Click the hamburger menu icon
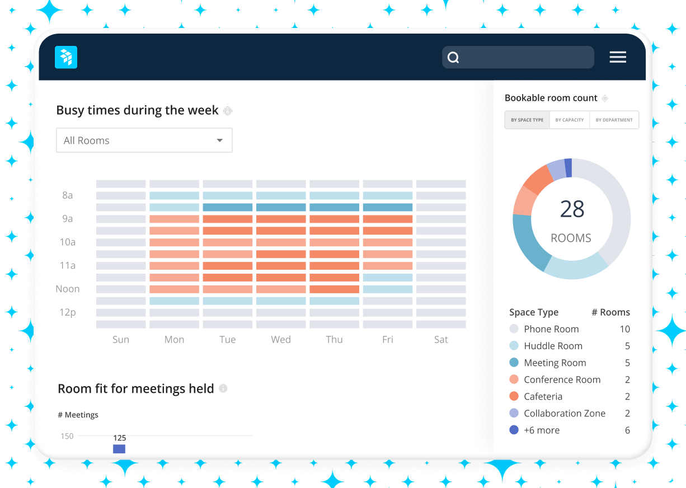618,57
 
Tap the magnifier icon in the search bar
454,58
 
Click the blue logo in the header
66,57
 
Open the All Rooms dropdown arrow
220,140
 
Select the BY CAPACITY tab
570,120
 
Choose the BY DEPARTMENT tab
614,120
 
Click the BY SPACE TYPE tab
527,120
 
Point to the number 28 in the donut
572,209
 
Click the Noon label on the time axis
68,289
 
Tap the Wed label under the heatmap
281,339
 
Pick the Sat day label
441,339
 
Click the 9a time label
68,219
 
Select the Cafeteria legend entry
543,396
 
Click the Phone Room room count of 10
624,329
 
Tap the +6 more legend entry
541,430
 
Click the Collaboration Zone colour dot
514,413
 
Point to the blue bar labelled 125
119,449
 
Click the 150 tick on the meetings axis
67,436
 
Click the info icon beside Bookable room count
605,98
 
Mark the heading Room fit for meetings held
136,388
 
